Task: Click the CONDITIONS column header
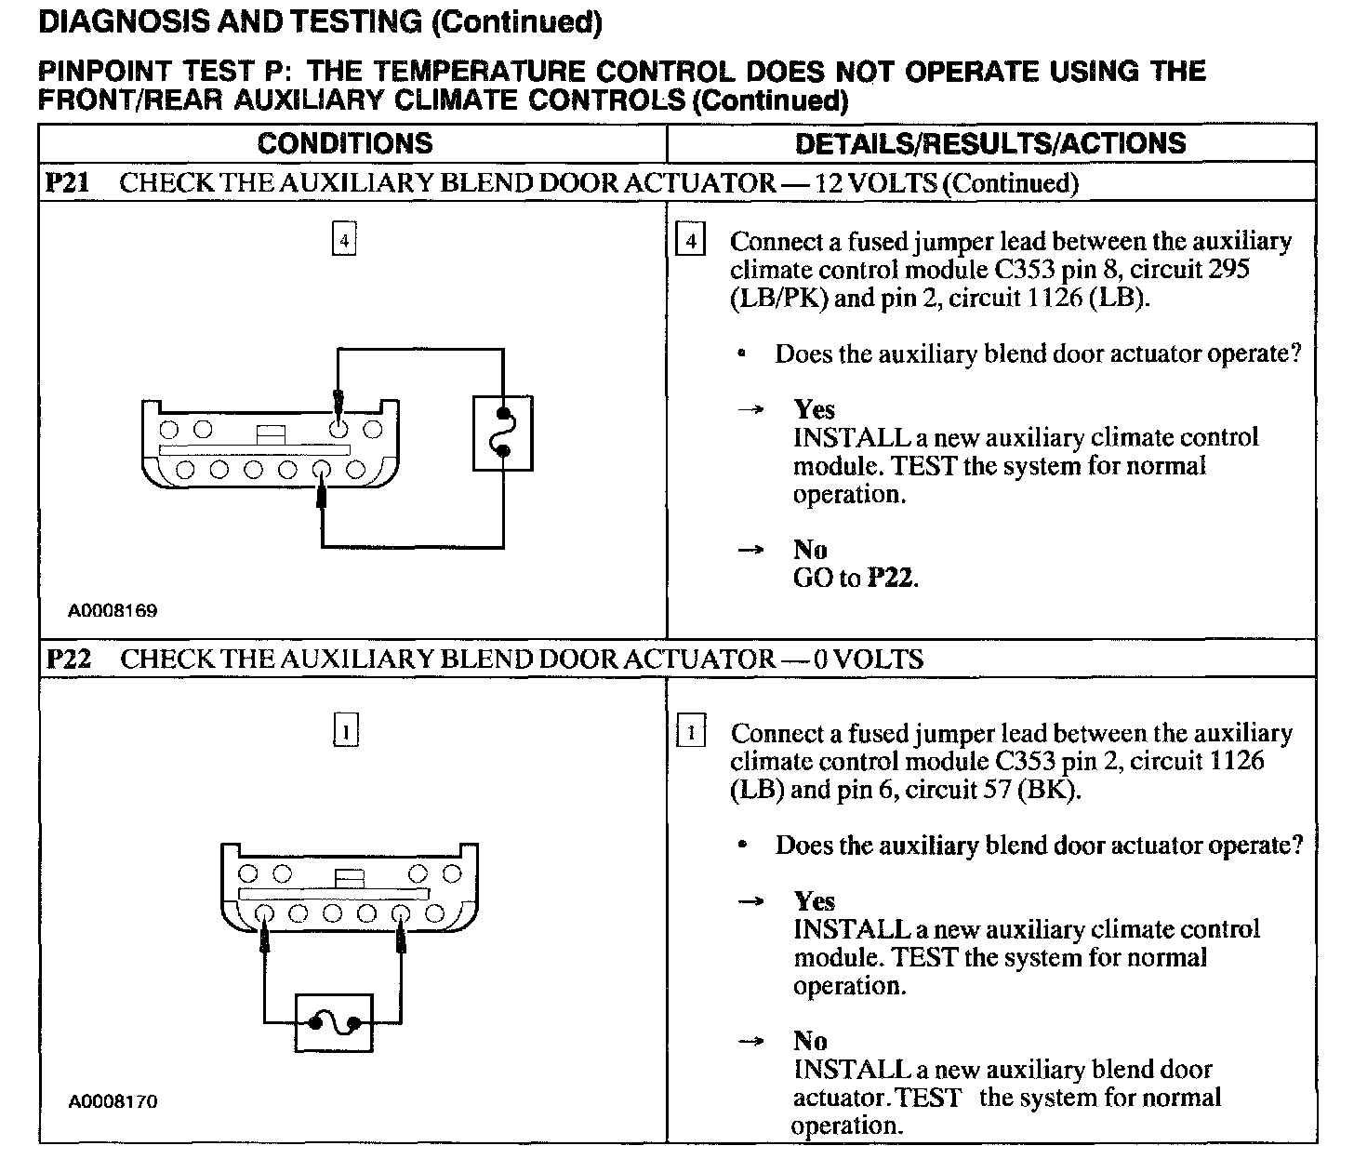pyautogui.click(x=345, y=143)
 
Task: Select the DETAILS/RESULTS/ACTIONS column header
pyautogui.click(x=990, y=143)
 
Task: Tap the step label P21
pyautogui.click(x=67, y=182)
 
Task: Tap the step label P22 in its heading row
pyautogui.click(x=69, y=659)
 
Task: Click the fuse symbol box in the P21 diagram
pyautogui.click(x=502, y=433)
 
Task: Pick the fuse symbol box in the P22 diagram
pyautogui.click(x=334, y=1023)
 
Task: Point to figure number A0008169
pyautogui.click(x=113, y=611)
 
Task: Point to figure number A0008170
pyautogui.click(x=113, y=1101)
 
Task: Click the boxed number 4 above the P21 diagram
pyautogui.click(x=344, y=241)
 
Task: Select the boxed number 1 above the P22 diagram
pyautogui.click(x=345, y=732)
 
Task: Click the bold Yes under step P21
pyautogui.click(x=814, y=409)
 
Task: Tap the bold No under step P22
pyautogui.click(x=810, y=1041)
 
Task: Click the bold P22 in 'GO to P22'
pyautogui.click(x=891, y=578)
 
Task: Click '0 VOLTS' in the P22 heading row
pyautogui.click(x=868, y=659)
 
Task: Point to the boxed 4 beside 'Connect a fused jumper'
pyautogui.click(x=690, y=241)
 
